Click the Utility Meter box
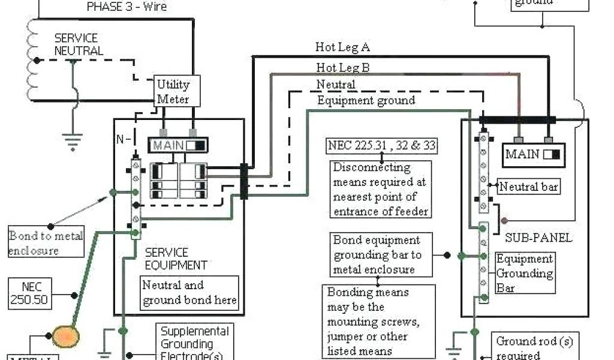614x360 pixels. (173, 92)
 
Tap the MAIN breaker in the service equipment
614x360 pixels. (177, 145)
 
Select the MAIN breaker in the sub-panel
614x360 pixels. (532, 154)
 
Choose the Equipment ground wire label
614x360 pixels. (366, 100)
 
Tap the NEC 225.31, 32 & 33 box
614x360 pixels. (382, 145)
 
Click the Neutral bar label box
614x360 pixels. (529, 187)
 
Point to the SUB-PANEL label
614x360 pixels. (538, 238)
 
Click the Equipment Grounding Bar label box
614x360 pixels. (525, 274)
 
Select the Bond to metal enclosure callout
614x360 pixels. (46, 242)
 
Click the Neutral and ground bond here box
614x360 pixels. (189, 292)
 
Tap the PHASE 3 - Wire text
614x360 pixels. (127, 7)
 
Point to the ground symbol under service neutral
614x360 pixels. (73, 142)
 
